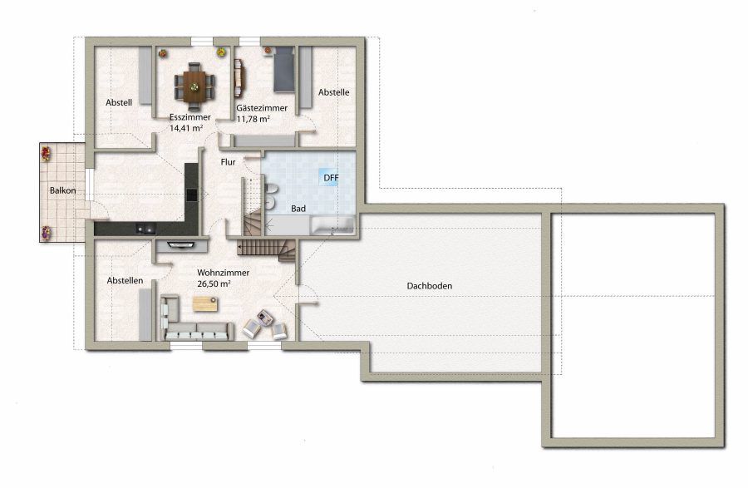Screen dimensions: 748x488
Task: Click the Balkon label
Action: pos(62,190)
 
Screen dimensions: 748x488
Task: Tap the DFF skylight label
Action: pos(331,178)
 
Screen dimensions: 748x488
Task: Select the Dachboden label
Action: pos(430,286)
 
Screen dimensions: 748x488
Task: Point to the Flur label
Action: pos(228,162)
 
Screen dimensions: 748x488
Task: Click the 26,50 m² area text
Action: pos(214,283)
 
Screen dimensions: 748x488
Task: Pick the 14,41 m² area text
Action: pos(186,128)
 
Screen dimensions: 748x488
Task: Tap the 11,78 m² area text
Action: pos(253,119)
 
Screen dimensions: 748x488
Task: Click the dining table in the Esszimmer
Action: pos(194,86)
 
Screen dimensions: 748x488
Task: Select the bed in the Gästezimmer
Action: pos(283,69)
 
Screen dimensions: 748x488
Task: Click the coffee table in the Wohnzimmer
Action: pos(205,304)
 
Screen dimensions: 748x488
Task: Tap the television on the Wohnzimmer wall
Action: pos(181,245)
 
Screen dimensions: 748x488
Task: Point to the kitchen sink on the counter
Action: pos(145,229)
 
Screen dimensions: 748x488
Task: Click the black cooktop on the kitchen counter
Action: pos(191,195)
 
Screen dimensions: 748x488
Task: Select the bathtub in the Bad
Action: pos(332,225)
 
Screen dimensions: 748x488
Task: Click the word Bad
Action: pos(298,209)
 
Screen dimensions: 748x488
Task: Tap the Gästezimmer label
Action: pos(262,108)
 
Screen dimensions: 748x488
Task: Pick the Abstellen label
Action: pos(125,280)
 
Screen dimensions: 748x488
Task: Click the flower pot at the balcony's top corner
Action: pos(46,153)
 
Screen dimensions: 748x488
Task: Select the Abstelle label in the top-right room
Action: pos(334,92)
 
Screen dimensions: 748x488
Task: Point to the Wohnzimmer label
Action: pos(224,273)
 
